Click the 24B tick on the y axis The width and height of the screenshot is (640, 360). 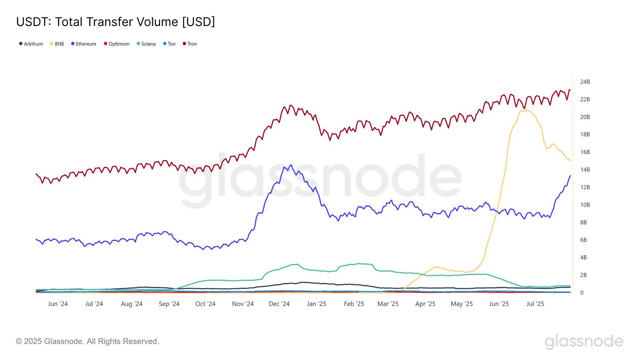(585, 82)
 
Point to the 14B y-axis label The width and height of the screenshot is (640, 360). (585, 170)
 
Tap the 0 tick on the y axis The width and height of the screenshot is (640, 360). (582, 293)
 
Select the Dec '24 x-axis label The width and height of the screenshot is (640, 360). (279, 304)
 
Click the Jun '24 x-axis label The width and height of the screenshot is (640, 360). (58, 304)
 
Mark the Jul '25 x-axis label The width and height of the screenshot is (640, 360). (535, 304)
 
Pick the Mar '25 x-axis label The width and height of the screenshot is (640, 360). (388, 304)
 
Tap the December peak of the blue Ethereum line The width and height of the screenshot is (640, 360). (291, 165)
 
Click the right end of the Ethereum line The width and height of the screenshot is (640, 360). (570, 176)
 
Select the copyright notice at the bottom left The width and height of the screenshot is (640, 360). (87, 341)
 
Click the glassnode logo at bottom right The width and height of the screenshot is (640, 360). (584, 341)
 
